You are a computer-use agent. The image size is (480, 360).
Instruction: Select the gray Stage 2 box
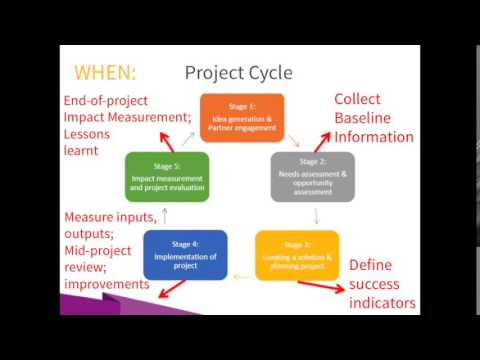coord(312,176)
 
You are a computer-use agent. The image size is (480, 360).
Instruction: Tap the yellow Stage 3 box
coord(297,254)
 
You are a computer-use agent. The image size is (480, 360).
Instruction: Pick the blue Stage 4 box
coord(185,254)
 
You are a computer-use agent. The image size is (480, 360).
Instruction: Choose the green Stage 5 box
coord(167,176)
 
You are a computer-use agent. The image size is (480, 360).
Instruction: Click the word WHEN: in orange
coord(105,72)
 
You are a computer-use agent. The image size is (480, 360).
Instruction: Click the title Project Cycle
coord(238,72)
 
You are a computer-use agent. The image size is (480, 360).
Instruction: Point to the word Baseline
coord(372,119)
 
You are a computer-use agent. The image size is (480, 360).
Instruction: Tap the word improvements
coord(107,285)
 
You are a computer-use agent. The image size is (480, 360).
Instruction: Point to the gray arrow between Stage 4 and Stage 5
coord(165,214)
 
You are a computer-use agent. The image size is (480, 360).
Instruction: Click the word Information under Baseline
coord(374,138)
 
